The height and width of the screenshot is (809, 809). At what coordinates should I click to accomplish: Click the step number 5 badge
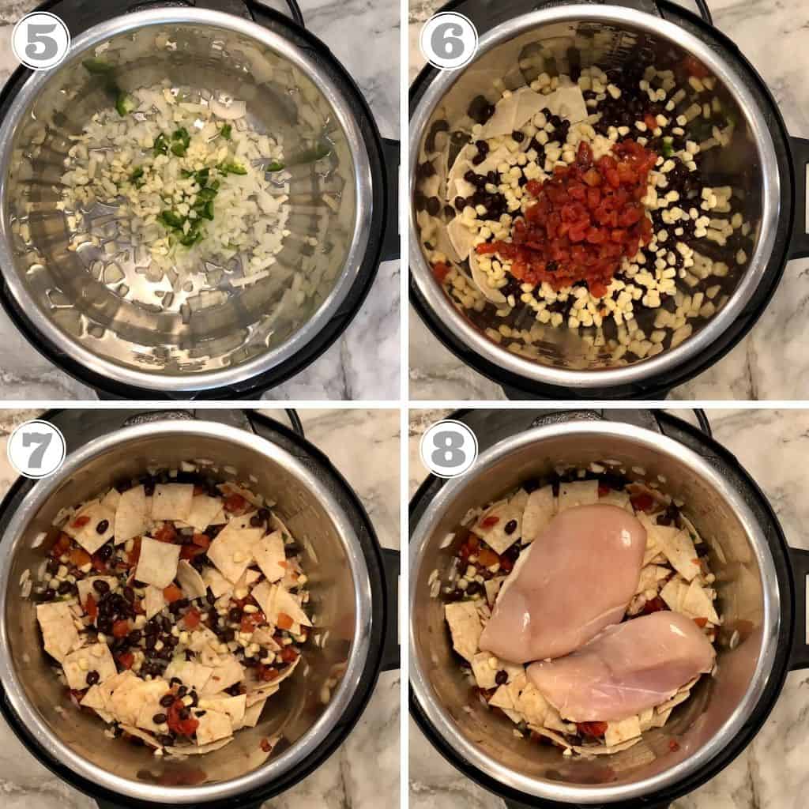(40, 40)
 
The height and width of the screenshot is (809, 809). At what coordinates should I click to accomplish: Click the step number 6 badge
(449, 40)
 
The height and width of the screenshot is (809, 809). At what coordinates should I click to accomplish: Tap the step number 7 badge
(36, 449)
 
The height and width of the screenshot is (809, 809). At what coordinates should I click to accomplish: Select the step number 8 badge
(449, 449)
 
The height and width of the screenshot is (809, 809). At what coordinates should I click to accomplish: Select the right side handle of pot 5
(389, 198)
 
